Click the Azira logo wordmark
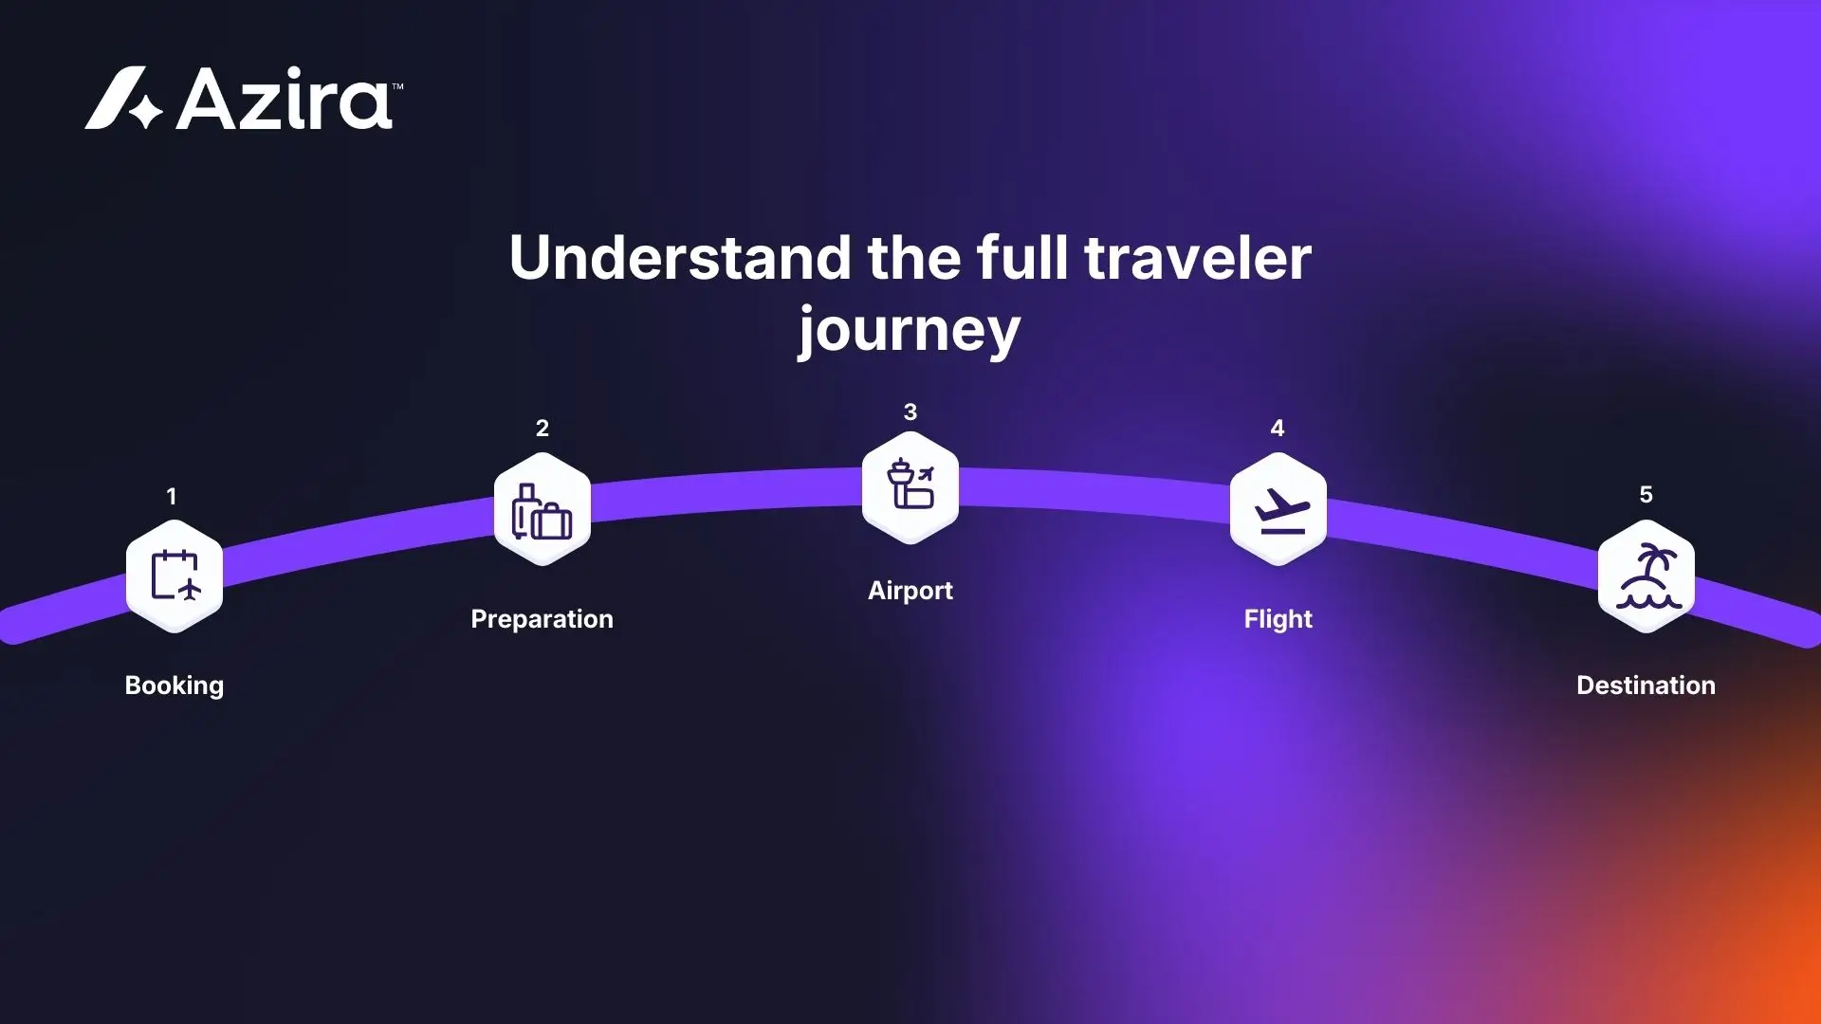pyautogui.click(x=285, y=99)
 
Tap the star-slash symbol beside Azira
pyautogui.click(x=124, y=99)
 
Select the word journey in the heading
pyautogui.click(x=909, y=330)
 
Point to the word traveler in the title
pyautogui.click(x=1198, y=258)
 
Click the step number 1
pyautogui.click(x=172, y=496)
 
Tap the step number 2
pyautogui.click(x=542, y=428)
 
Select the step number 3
pyautogui.click(x=910, y=411)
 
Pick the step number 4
pyautogui.click(x=1278, y=428)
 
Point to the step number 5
pyautogui.click(x=1646, y=494)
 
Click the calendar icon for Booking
pyautogui.click(x=175, y=576)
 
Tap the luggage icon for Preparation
pyautogui.click(x=542, y=510)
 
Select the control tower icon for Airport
pyautogui.click(x=910, y=485)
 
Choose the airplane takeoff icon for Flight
pyautogui.click(x=1278, y=510)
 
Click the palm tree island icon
pyautogui.click(x=1646, y=576)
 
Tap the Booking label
pyautogui.click(x=175, y=686)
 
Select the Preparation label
pyautogui.click(x=542, y=619)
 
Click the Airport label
pyautogui.click(x=910, y=591)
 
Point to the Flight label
pyautogui.click(x=1278, y=619)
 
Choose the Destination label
pyautogui.click(x=1646, y=686)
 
